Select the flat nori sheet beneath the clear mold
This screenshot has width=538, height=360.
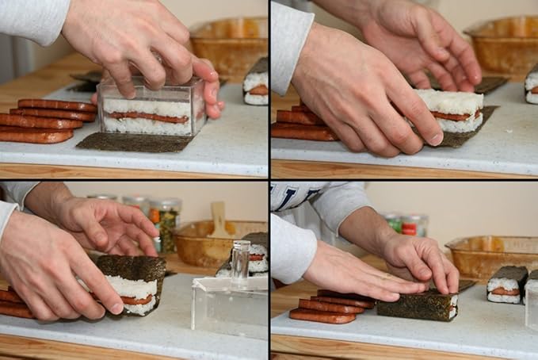tap(135, 142)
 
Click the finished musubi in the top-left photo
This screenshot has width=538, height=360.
tap(256, 85)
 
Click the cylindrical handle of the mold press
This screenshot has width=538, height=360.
tap(240, 261)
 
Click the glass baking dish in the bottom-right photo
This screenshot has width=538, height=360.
tap(487, 254)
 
